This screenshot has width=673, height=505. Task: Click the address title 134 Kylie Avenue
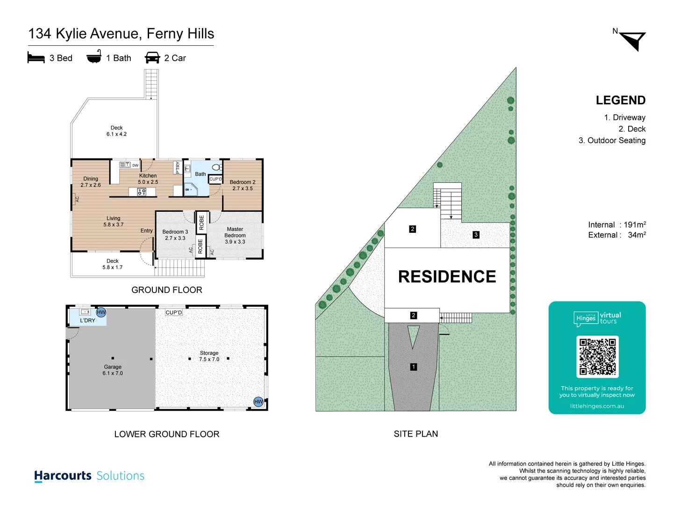[x=121, y=34]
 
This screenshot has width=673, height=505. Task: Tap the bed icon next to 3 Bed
[x=36, y=58]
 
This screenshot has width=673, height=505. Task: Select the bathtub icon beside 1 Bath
[x=94, y=57]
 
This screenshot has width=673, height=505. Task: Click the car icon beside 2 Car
[x=152, y=58]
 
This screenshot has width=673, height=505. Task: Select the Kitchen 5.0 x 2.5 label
[x=148, y=179]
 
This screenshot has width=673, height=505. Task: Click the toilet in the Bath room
[x=216, y=167]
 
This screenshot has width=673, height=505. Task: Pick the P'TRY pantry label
[x=178, y=167]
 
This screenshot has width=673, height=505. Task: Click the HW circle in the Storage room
[x=258, y=402]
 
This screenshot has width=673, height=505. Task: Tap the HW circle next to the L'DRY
[x=101, y=312]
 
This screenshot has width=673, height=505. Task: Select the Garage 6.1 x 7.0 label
[x=113, y=370]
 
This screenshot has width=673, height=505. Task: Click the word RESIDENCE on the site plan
[x=447, y=276]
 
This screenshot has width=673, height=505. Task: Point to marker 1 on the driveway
[x=413, y=367]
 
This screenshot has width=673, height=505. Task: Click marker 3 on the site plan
[x=476, y=235]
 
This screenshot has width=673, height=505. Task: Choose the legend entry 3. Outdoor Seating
[x=612, y=140]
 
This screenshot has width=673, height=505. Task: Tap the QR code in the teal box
[x=597, y=357]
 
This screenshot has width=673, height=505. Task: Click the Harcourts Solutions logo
[x=89, y=476]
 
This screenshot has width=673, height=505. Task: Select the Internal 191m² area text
[x=616, y=225]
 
